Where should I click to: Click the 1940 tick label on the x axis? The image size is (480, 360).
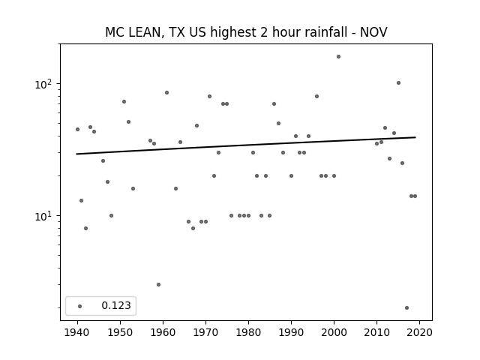pos(77,332)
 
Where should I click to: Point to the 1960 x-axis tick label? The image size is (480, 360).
pos(163,332)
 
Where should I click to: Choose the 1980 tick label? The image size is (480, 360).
pos(248,332)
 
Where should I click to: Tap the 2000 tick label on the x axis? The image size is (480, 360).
pos(334,332)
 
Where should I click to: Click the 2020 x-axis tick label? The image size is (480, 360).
pos(419,332)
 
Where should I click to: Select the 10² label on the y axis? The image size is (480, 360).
pos(45,84)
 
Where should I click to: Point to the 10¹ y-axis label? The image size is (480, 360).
pos(45,216)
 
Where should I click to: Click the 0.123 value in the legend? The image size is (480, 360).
pos(116,305)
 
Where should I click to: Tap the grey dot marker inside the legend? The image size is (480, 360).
pos(80,306)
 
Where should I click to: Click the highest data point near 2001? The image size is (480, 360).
pos(338,57)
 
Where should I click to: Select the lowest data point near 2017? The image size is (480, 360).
pos(406,308)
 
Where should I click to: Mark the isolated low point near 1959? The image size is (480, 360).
pos(158,285)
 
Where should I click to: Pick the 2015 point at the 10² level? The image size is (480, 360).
pos(398,83)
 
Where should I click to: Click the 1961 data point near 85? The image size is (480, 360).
pos(166,93)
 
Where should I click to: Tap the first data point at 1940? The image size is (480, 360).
pos(77,130)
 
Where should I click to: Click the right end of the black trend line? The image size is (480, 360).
pos(415,137)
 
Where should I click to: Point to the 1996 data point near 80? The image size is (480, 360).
pos(316,97)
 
